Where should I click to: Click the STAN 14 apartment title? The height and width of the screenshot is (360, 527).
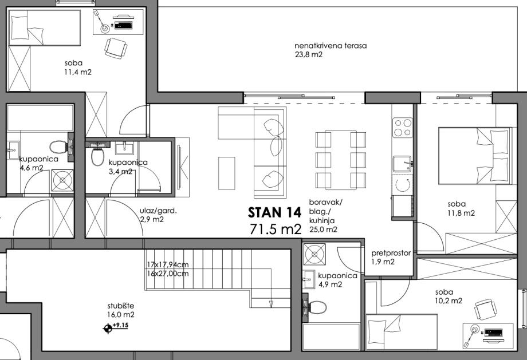(274, 212)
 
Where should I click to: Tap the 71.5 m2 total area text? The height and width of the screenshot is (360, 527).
(276, 229)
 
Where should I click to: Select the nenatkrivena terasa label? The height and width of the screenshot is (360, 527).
(331, 46)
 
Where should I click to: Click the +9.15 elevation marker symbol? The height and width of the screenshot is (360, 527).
(108, 329)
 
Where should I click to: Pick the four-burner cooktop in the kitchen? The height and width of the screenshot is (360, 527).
(403, 127)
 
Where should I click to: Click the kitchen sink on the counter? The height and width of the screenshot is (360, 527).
(402, 164)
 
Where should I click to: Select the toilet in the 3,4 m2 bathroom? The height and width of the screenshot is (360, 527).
(97, 156)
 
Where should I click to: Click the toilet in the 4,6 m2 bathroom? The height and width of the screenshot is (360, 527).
(59, 147)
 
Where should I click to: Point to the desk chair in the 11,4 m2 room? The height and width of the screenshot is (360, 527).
(116, 48)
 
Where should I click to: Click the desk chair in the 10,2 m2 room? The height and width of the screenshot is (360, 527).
(486, 310)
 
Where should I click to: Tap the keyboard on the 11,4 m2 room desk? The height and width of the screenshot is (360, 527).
(123, 25)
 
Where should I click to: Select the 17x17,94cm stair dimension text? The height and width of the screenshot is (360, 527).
(168, 264)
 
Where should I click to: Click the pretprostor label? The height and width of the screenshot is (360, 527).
(391, 253)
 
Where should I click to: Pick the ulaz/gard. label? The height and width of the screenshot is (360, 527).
(158, 211)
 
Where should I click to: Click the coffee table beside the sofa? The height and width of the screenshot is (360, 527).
(226, 173)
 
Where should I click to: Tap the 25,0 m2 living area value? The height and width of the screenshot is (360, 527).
(323, 230)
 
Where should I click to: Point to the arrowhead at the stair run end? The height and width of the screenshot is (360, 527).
(270, 304)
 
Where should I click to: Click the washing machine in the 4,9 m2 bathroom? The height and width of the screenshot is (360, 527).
(314, 254)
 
